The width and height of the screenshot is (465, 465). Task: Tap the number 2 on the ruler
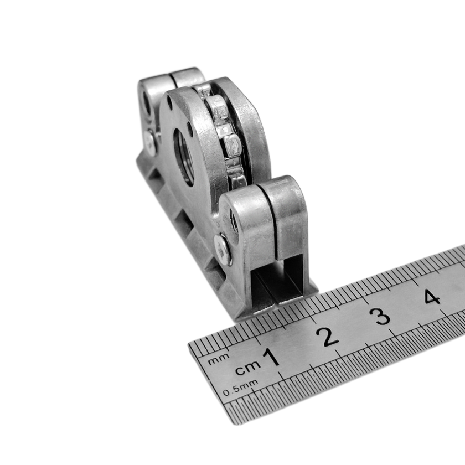point(327,337)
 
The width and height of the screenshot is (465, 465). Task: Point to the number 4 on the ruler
point(432,297)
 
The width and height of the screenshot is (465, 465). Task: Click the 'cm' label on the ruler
point(248,367)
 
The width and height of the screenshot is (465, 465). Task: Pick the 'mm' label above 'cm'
point(219,359)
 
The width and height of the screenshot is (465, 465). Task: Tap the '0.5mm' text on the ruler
point(240,387)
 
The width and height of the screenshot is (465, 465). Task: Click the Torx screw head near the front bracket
point(223,250)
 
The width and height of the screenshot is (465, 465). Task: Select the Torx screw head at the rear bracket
point(151,142)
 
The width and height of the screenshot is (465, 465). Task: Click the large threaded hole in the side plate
point(184,157)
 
